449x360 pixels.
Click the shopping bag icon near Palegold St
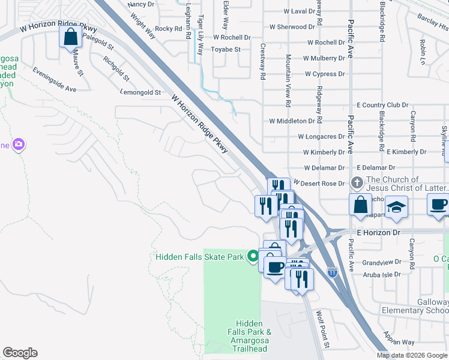click(71, 37)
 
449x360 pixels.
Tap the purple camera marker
click(19, 144)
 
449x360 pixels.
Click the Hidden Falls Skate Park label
click(200, 257)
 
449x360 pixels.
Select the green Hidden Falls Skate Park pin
click(253, 256)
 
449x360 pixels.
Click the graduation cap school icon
click(396, 206)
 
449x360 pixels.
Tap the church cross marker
click(357, 182)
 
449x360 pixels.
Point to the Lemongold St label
click(141, 93)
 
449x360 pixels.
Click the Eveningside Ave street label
click(55, 79)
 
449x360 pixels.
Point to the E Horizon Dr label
click(378, 232)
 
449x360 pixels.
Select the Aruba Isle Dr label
click(382, 274)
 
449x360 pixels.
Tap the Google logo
click(20, 353)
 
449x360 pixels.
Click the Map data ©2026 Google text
click(411, 355)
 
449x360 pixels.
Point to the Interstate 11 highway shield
click(333, 272)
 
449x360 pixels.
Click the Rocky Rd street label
click(168, 29)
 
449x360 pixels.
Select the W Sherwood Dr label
click(292, 27)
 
